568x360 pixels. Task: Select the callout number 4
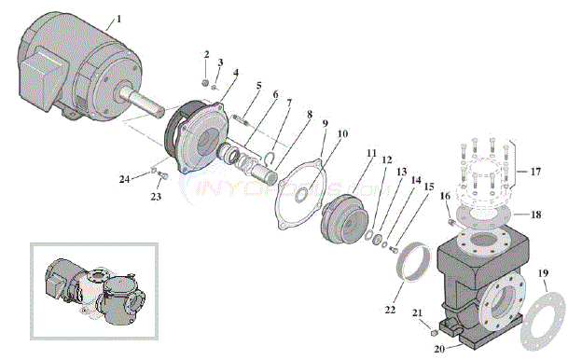(x=234, y=73)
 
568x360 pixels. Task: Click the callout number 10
(x=342, y=133)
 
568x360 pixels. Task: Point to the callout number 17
(x=534, y=172)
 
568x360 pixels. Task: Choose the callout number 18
(x=535, y=214)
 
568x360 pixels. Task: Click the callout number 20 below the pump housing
(x=439, y=350)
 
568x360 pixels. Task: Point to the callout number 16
(x=445, y=196)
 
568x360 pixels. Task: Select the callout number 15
(x=428, y=187)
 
